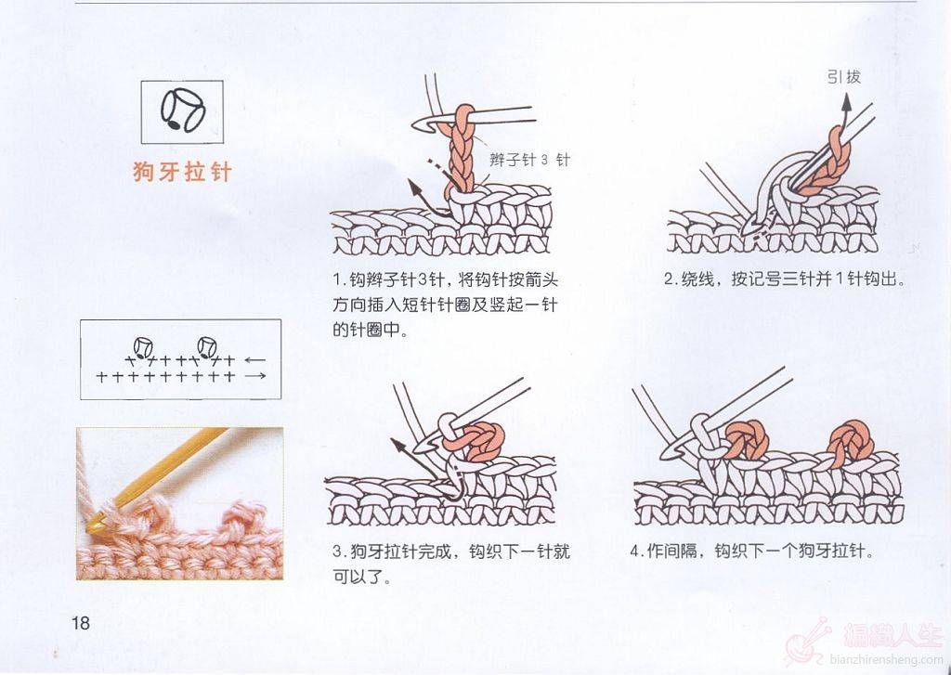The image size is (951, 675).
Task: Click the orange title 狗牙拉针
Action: coord(182,173)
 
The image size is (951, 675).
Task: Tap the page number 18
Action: coord(81,623)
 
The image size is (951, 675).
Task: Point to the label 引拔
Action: coord(843,76)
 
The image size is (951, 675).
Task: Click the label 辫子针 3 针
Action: coord(529,160)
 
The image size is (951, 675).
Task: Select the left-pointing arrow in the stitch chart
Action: coord(255,360)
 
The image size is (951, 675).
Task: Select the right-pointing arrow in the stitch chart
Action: coord(255,376)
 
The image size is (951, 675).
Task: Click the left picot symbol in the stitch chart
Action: coord(143,347)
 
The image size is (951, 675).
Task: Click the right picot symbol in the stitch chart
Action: coord(207,347)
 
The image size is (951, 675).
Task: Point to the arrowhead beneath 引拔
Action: coord(845,103)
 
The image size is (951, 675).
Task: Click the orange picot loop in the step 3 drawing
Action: coord(476,440)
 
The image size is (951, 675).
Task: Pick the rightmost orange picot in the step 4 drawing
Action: coord(851,442)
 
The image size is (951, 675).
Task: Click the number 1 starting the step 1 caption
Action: coord(338,280)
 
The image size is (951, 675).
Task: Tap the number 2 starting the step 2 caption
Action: coord(669,279)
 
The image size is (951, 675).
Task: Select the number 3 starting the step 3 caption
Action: coord(338,552)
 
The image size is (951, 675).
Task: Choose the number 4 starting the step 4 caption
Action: coord(635,552)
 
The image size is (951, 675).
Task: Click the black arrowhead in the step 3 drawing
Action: coord(398,447)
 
